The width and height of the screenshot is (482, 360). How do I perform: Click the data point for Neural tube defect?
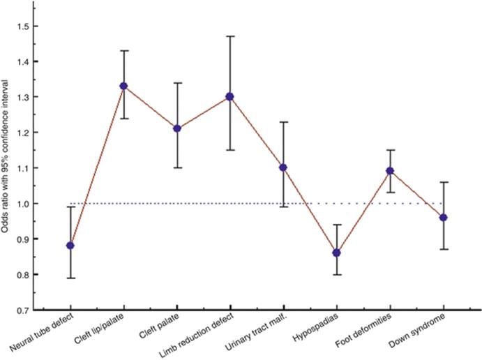click(70, 246)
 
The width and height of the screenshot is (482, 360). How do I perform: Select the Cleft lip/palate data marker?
click(123, 86)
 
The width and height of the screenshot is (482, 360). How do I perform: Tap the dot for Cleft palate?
click(177, 128)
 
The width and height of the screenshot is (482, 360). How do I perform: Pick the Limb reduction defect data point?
click(230, 96)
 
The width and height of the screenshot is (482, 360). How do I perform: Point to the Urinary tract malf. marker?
click(283, 167)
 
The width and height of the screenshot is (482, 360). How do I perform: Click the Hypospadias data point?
click(337, 253)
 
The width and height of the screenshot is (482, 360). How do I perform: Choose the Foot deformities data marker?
click(390, 170)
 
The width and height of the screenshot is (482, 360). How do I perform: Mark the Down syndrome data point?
click(444, 217)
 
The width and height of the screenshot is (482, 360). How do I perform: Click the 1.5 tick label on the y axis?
click(30, 26)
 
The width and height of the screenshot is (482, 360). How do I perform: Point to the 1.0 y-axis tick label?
click(30, 204)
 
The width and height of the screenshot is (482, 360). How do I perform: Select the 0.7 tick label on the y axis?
click(30, 310)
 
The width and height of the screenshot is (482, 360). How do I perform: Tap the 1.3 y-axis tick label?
click(30, 97)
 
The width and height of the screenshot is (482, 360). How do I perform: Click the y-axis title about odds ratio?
click(9, 167)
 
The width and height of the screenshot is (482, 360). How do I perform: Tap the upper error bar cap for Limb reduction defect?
click(230, 36)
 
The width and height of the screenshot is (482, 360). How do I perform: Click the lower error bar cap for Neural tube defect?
click(70, 278)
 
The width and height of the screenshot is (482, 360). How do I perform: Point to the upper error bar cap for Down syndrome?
click(444, 182)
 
